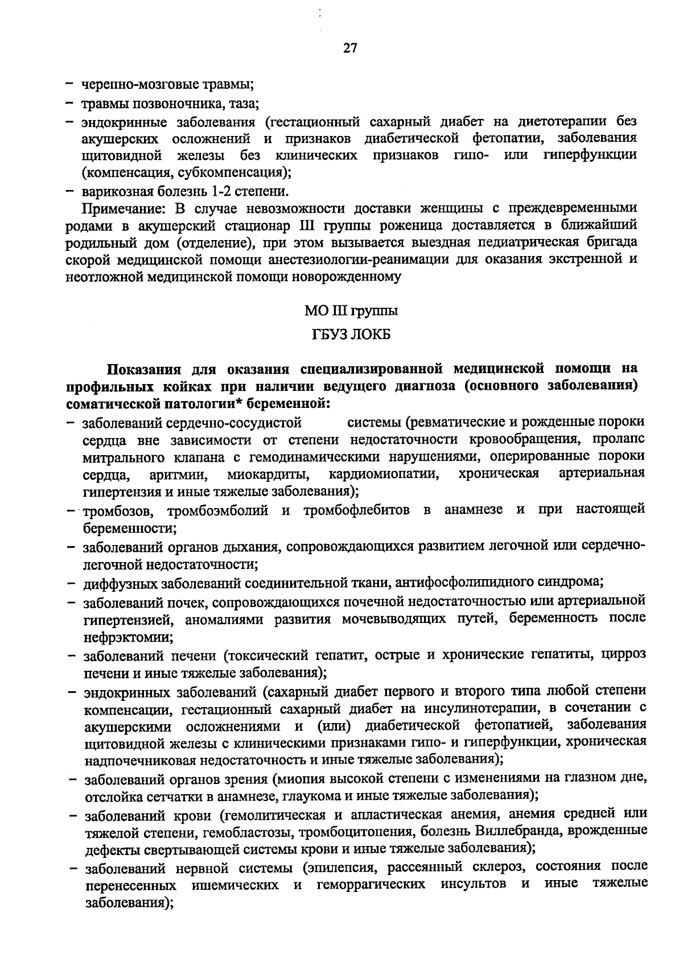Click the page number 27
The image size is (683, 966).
349,48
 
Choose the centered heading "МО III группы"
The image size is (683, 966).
351,311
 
